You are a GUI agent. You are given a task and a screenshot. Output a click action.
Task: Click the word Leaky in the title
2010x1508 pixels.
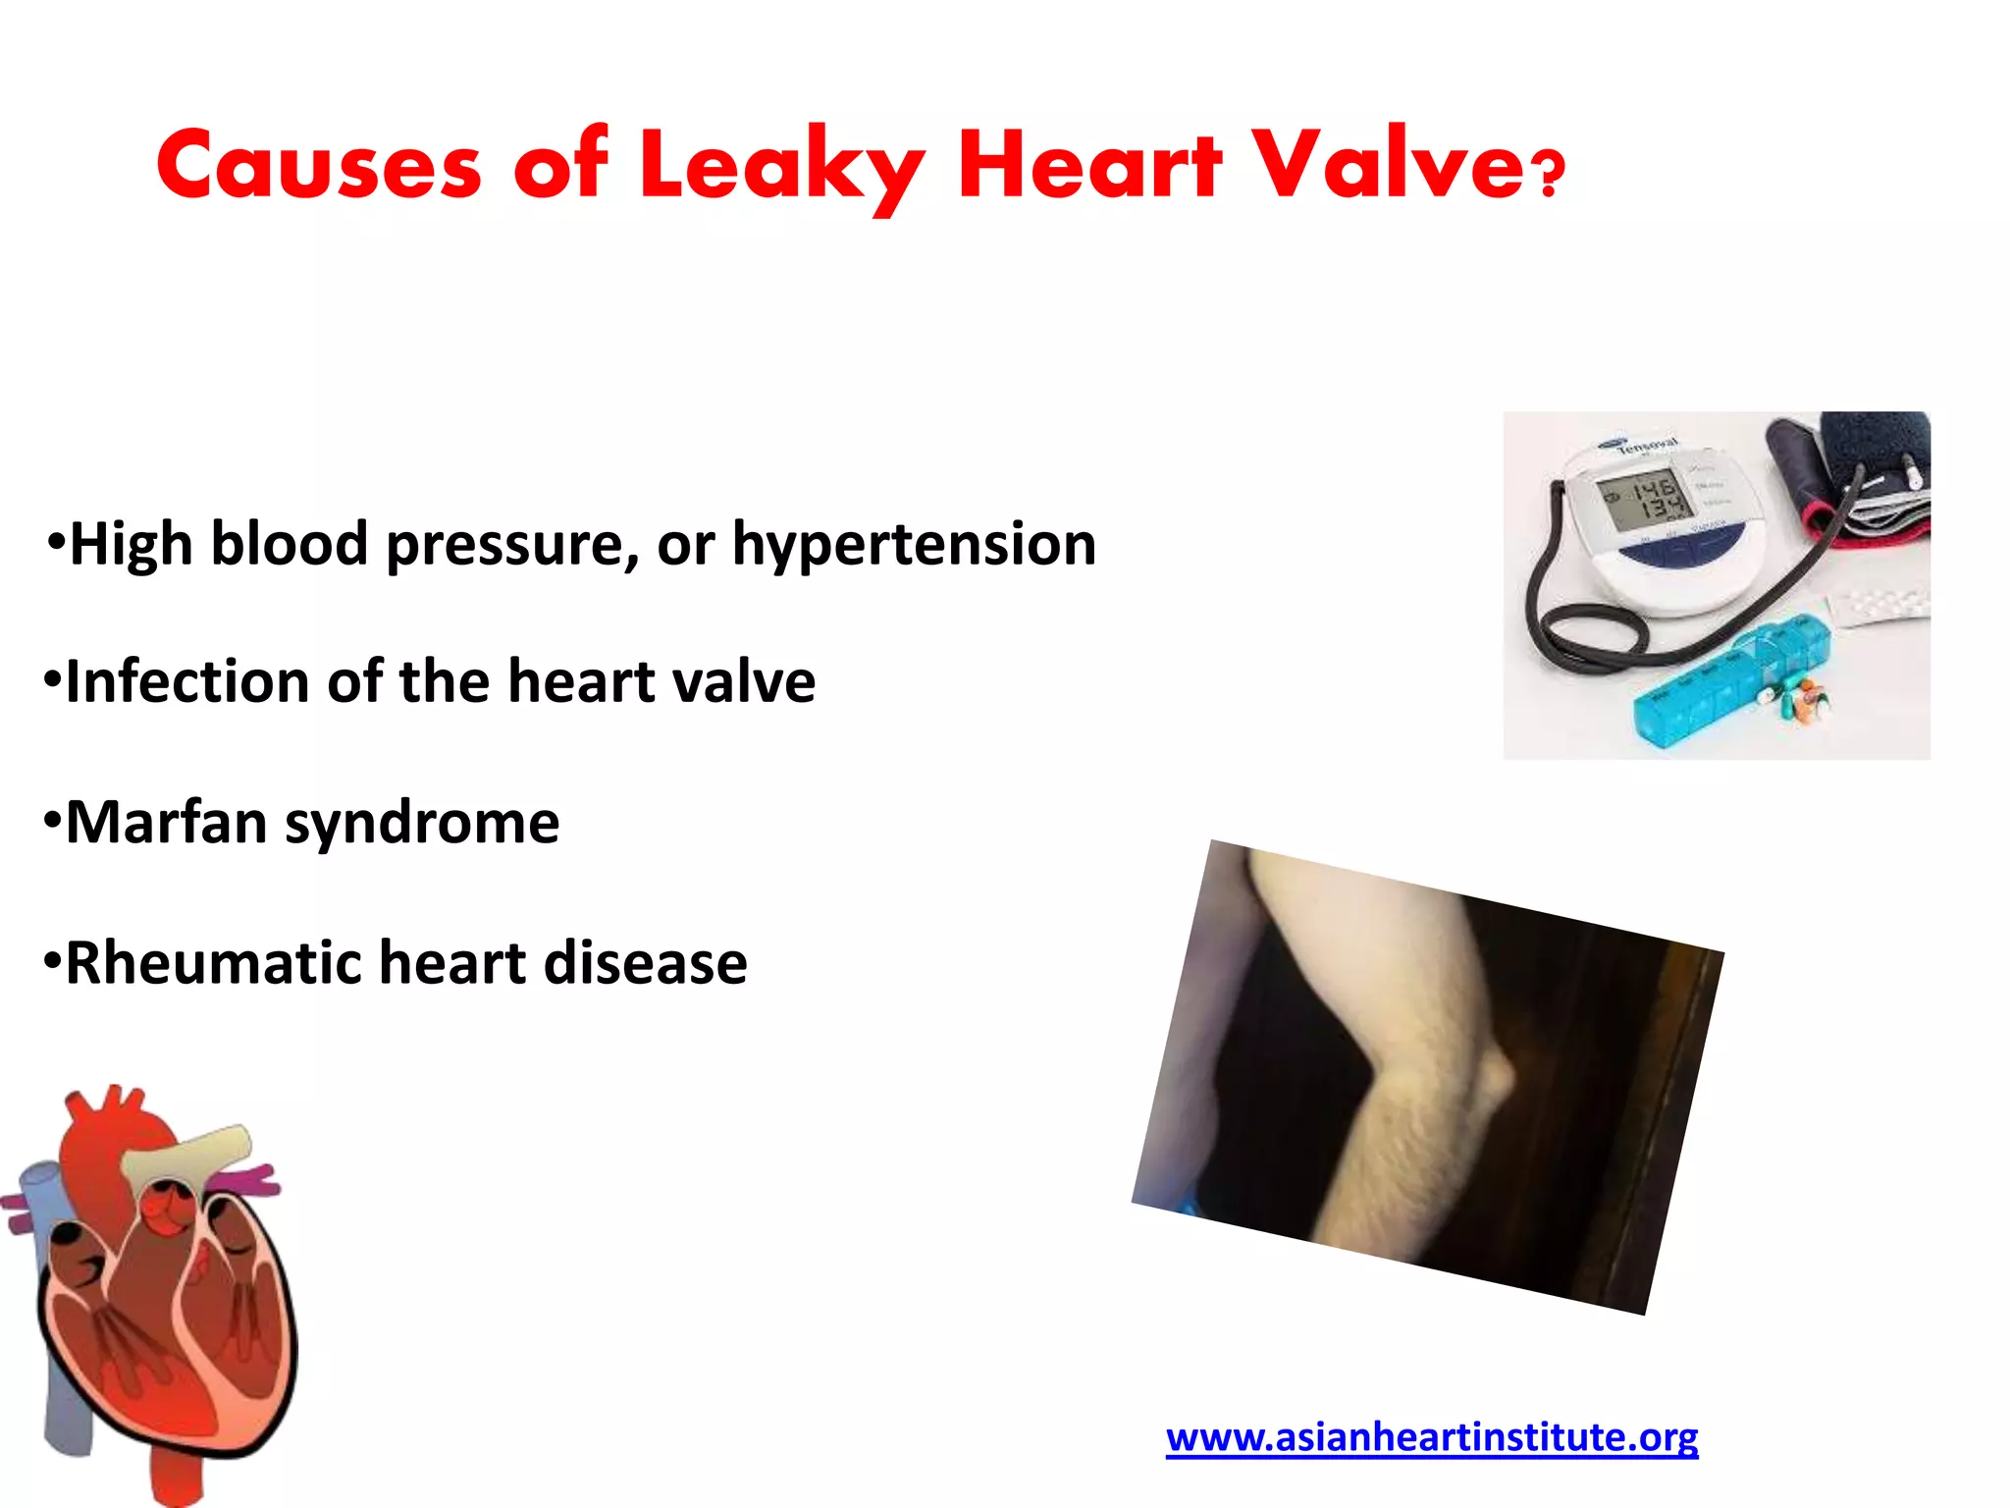pos(780,167)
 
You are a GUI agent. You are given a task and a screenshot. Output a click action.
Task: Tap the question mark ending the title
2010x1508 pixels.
pos(1549,174)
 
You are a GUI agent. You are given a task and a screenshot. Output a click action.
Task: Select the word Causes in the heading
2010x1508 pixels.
pos(319,167)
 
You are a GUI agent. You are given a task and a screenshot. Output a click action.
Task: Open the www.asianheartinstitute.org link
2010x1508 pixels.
pos(1431,1437)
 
